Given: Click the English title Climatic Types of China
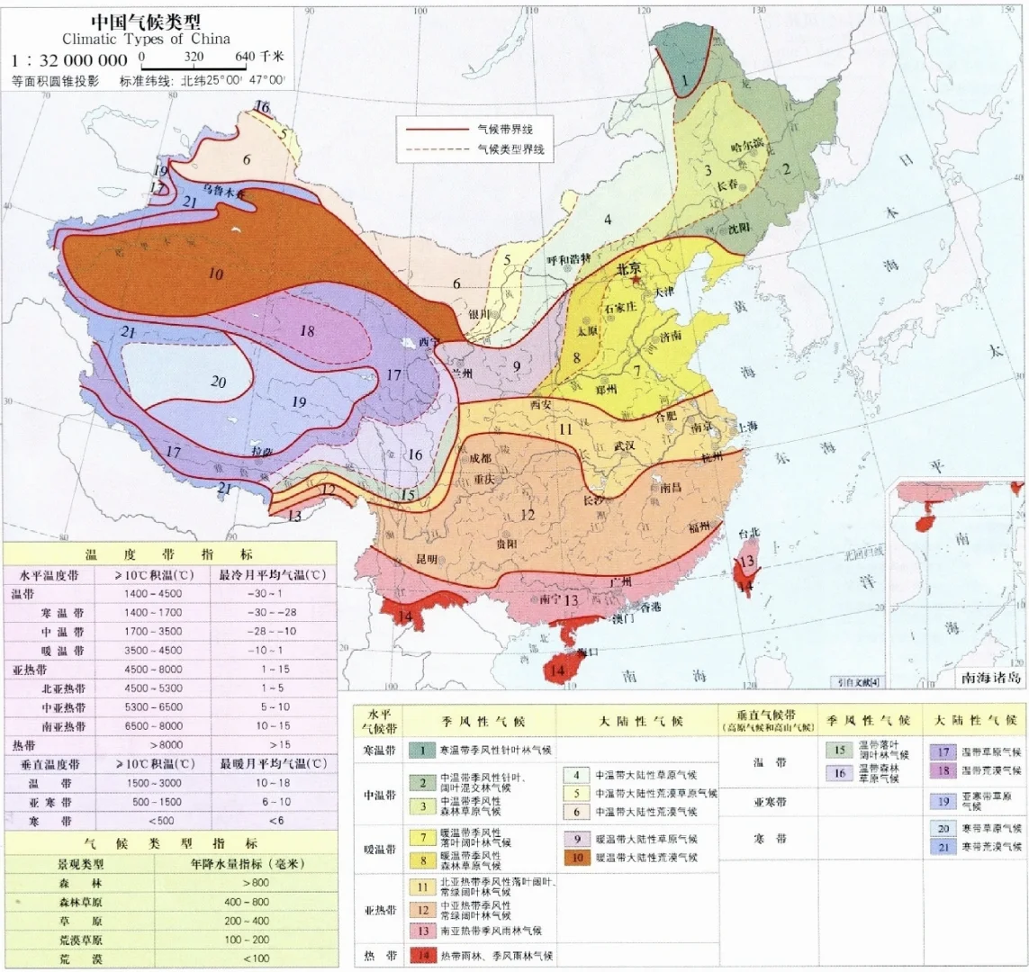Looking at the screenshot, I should click(x=146, y=39).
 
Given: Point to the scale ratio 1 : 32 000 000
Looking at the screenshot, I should click(x=69, y=60).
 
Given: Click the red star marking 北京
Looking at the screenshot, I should click(x=636, y=281).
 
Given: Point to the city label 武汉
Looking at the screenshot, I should click(x=623, y=445).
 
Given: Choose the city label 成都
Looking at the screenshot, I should click(x=479, y=458).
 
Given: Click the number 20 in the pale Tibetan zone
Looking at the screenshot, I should click(x=218, y=382).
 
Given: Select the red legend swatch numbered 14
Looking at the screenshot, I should click(x=421, y=954).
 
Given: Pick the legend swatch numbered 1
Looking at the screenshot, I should click(x=421, y=749).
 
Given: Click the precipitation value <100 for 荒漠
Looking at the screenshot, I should click(x=255, y=958).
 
